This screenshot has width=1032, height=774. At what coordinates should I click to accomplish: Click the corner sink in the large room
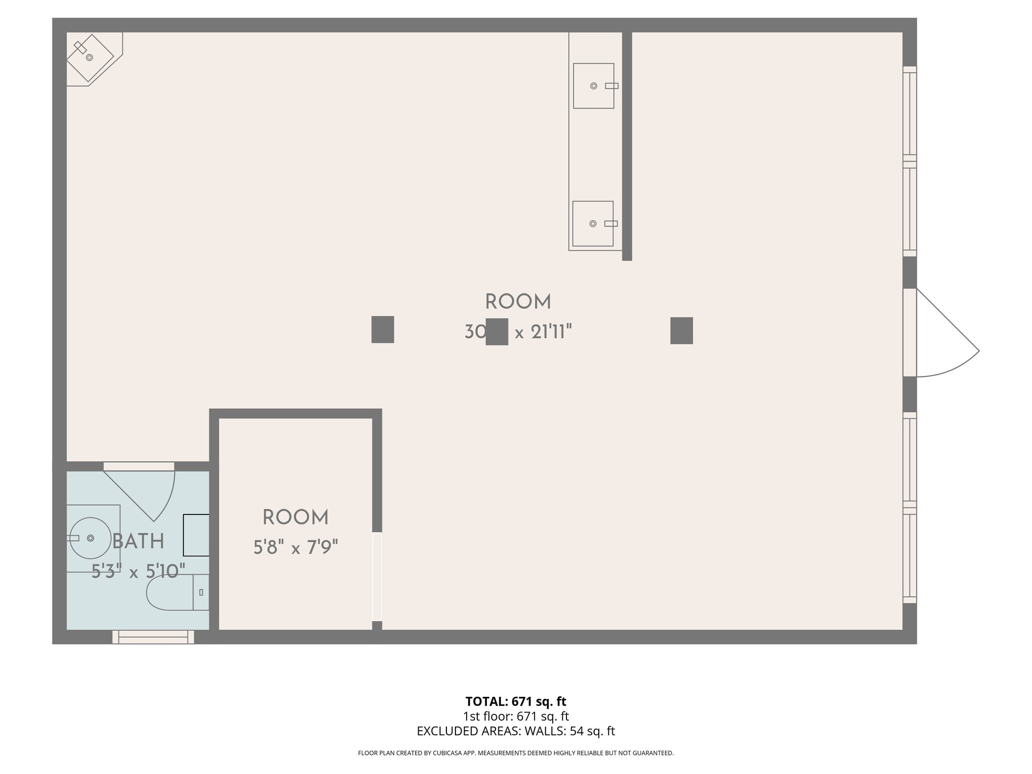tap(90, 57)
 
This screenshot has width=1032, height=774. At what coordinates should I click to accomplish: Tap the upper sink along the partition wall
tap(594, 86)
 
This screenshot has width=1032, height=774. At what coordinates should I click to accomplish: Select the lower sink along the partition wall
tap(593, 223)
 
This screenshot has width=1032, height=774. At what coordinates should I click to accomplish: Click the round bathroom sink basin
tap(90, 538)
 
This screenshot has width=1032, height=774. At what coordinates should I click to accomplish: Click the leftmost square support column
tap(382, 330)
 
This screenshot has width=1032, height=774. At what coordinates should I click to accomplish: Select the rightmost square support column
tap(681, 331)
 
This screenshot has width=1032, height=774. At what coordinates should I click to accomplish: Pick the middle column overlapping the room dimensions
tap(497, 332)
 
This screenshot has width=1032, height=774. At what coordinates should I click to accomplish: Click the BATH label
tap(138, 542)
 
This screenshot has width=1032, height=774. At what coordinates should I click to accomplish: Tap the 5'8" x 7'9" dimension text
tap(295, 547)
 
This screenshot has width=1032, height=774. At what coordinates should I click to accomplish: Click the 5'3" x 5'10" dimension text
tap(138, 571)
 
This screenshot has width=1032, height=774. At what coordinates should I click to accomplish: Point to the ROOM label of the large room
tap(518, 302)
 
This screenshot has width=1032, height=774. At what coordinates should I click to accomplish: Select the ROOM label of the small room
tap(295, 518)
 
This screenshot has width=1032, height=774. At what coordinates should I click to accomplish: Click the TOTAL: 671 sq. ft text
tap(515, 701)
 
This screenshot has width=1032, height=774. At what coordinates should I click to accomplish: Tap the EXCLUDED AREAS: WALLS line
tap(515, 731)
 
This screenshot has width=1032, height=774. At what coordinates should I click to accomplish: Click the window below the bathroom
tap(153, 637)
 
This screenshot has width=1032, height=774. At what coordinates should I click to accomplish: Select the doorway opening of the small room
tap(377, 576)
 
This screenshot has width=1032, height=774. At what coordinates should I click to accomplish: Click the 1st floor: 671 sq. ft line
tap(515, 716)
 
